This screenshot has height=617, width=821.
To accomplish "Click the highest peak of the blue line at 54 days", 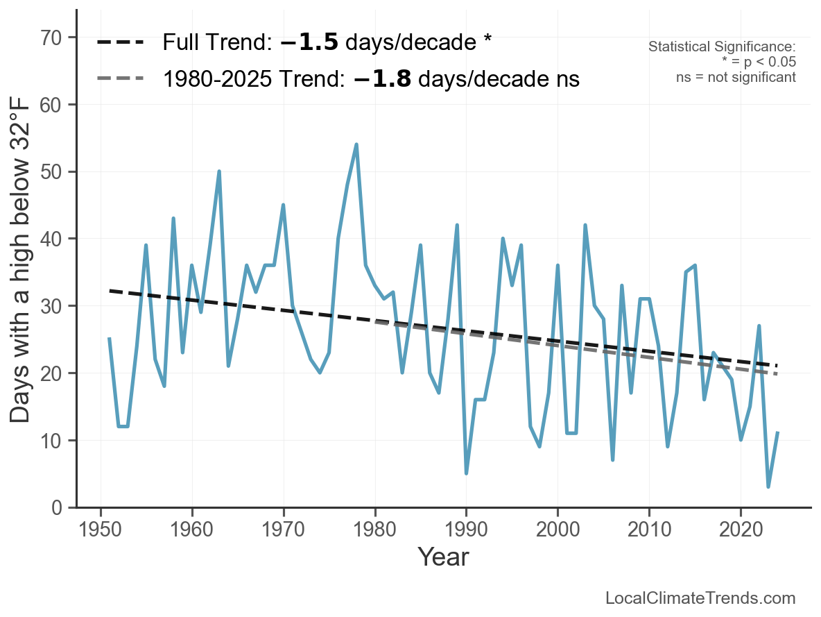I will [356, 144].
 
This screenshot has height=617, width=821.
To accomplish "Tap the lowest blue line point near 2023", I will [768, 487].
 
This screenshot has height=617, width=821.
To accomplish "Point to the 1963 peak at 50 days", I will [219, 171].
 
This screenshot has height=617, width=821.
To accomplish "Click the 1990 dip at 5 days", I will [466, 473].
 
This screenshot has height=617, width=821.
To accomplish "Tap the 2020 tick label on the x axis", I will [741, 531].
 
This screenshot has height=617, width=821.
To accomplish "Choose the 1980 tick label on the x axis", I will [374, 531].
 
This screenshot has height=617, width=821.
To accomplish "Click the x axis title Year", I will [443, 557].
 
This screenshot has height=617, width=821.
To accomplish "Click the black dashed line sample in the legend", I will [120, 42].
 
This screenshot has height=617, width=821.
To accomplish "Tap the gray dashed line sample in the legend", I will [120, 78].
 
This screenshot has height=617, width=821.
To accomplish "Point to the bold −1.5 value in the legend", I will [309, 42].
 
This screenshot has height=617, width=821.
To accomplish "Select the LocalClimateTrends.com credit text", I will [700, 598].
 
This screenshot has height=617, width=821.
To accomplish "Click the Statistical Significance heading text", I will [722, 47].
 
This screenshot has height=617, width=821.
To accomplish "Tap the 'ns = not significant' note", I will [736, 77].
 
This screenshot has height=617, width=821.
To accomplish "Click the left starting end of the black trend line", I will [110, 290].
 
